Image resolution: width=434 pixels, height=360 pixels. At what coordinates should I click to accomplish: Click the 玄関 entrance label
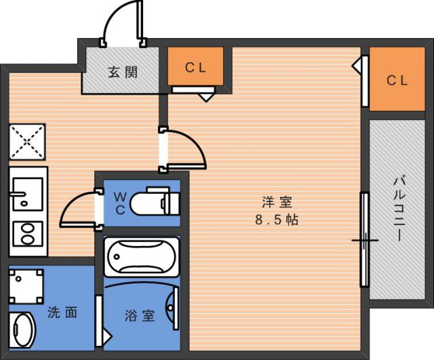123,71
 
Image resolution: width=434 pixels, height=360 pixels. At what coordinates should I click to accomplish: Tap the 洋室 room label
277,202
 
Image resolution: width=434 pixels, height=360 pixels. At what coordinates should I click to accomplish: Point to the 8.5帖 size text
277,220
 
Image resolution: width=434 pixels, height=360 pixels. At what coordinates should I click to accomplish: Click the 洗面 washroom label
62,313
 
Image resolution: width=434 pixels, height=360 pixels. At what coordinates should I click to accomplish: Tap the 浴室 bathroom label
140,315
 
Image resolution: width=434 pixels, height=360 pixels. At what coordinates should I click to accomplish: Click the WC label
119,202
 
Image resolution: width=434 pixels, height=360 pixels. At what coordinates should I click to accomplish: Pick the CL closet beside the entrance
195,67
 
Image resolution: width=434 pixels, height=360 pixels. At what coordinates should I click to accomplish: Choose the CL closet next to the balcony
397,80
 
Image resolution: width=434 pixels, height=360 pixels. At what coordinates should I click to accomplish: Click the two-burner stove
26,235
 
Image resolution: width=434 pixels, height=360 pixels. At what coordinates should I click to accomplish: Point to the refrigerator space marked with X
26,142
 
